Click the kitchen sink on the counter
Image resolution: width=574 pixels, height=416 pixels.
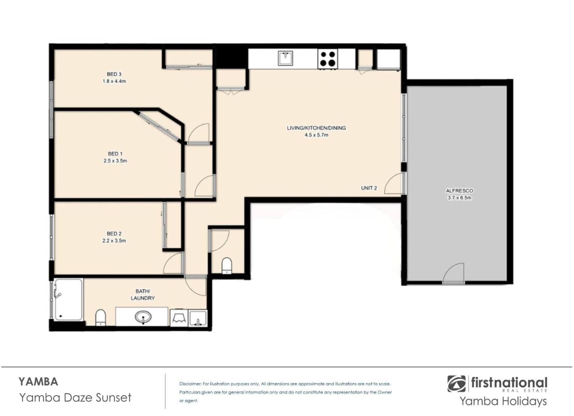point(285,58)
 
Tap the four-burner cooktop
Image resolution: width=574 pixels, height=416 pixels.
point(328,59)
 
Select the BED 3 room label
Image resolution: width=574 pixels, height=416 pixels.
point(114,74)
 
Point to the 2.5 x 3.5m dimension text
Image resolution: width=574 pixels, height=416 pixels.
point(115,161)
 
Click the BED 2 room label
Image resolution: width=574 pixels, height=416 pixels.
point(114,234)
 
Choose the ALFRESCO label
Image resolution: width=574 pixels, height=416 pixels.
point(459,191)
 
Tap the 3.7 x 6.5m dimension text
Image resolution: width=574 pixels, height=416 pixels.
point(459,198)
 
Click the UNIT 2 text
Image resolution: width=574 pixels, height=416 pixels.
point(369,188)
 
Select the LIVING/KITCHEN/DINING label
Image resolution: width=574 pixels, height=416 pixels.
point(316,128)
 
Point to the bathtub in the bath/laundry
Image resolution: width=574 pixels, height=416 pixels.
point(68,300)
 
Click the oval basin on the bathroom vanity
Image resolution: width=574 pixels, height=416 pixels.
point(143,317)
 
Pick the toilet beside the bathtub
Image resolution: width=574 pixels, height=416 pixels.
point(100,318)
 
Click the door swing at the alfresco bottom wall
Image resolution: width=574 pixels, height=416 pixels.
point(453,273)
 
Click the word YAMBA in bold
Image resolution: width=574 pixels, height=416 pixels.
point(38,382)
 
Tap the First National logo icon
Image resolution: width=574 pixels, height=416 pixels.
point(457,384)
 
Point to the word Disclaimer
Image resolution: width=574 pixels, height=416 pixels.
point(190,384)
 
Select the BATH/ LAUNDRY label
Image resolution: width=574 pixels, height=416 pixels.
point(143,295)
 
